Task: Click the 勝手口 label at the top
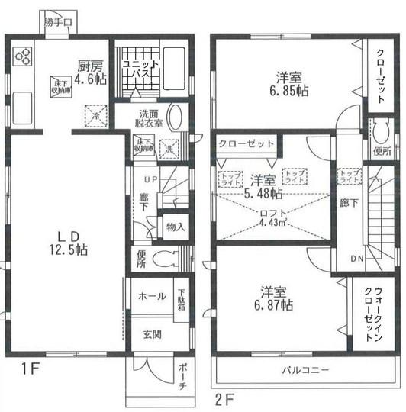tap(57, 22)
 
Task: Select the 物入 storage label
tap(176, 227)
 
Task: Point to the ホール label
tap(151, 296)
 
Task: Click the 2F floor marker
tap(223, 398)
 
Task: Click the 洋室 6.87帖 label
tap(275, 298)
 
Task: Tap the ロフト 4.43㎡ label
tap(272, 217)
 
